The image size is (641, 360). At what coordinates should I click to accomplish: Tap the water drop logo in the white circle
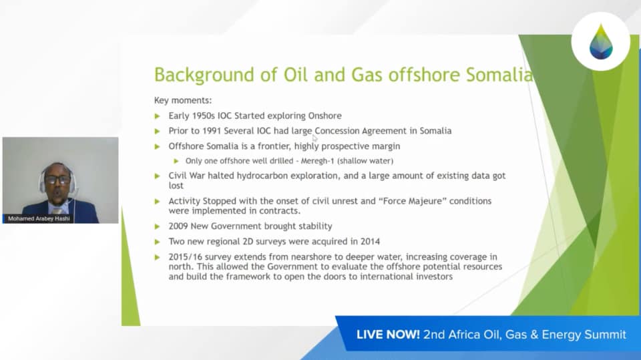[x=601, y=41]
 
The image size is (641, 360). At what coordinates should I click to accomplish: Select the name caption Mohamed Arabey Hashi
[x=39, y=219]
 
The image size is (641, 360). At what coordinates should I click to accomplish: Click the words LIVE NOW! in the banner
[x=388, y=335]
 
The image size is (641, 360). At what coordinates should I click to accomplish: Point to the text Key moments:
[x=183, y=100]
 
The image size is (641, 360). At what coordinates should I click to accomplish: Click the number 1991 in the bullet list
[x=212, y=131]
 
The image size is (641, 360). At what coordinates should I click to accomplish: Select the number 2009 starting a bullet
[x=178, y=226]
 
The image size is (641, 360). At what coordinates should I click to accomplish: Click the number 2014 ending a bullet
[x=370, y=241]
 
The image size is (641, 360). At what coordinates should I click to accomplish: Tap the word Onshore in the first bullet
[x=325, y=116]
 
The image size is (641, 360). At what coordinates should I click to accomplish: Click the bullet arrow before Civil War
[x=158, y=176]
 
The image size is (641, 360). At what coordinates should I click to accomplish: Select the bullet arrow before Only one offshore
[x=176, y=161]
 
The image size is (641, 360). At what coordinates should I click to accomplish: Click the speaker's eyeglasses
[x=57, y=180]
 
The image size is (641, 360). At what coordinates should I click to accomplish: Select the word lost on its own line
[x=176, y=186]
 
